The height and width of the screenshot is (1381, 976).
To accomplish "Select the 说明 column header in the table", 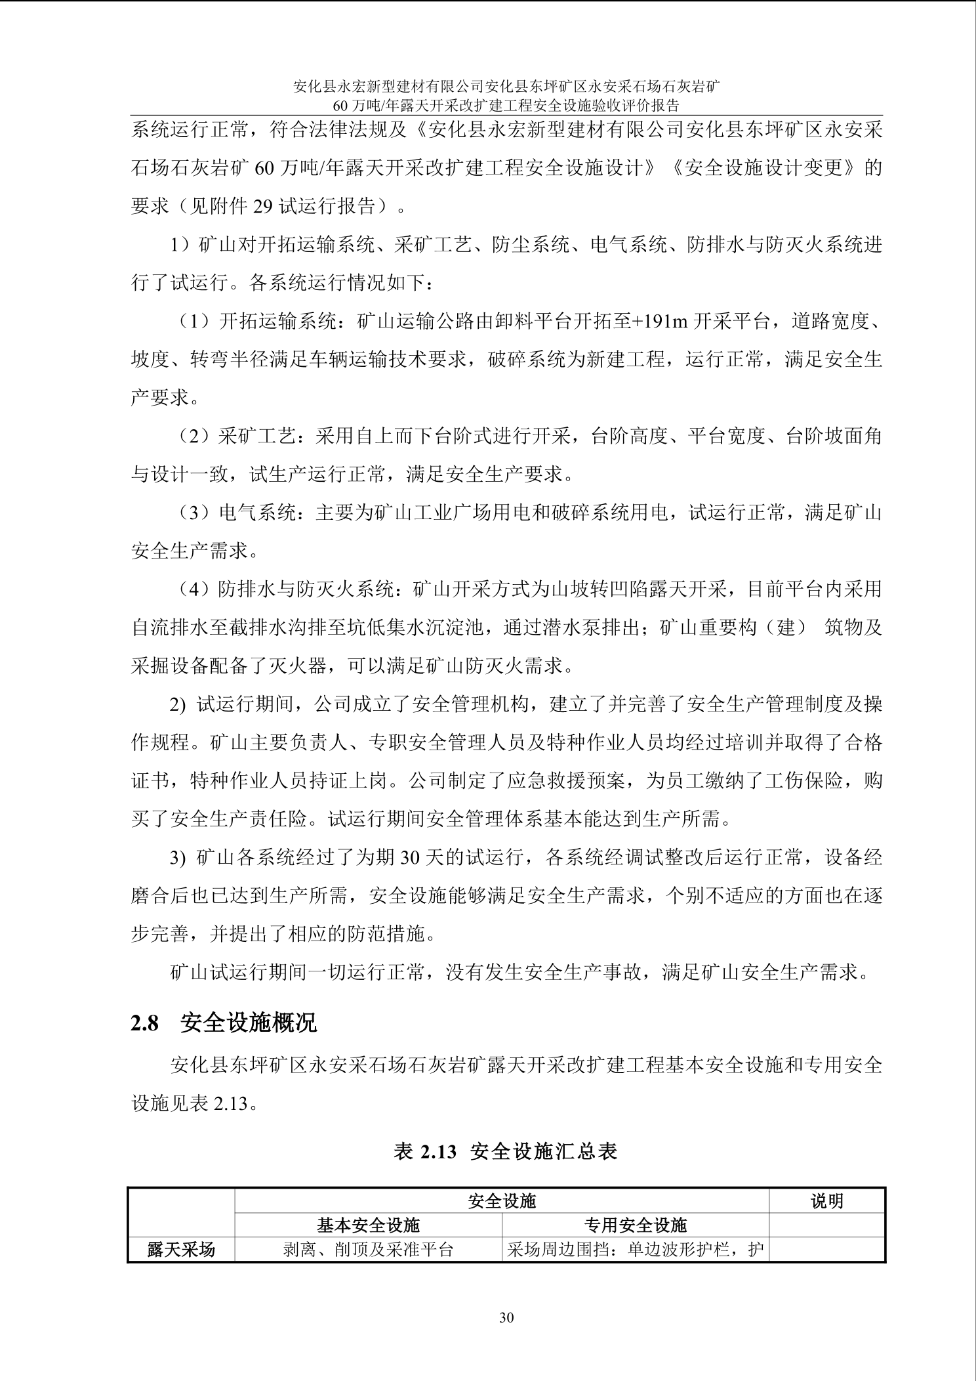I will click(x=826, y=1201).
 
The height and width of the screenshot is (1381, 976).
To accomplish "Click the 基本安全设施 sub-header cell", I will click(x=368, y=1225).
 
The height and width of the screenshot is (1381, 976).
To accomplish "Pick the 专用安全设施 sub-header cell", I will click(x=635, y=1225).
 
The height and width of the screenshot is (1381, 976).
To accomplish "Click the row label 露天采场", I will click(x=181, y=1249).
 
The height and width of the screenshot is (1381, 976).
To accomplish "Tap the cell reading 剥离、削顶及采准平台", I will click(x=368, y=1249).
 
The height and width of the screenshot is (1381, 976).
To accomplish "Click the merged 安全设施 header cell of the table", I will click(x=502, y=1201).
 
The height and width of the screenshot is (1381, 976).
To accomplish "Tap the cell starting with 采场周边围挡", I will click(x=635, y=1249).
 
